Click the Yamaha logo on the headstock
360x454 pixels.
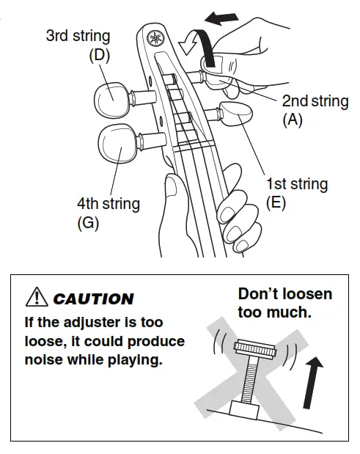point(155,38)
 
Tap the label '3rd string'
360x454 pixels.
point(79,35)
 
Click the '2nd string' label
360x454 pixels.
point(315,101)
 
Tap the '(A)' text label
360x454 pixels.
point(293,120)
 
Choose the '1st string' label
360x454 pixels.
point(296,184)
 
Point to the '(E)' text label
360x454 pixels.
point(276,203)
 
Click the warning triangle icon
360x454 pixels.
point(36,298)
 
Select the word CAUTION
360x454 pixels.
point(93,299)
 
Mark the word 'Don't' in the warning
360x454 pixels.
point(260,294)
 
